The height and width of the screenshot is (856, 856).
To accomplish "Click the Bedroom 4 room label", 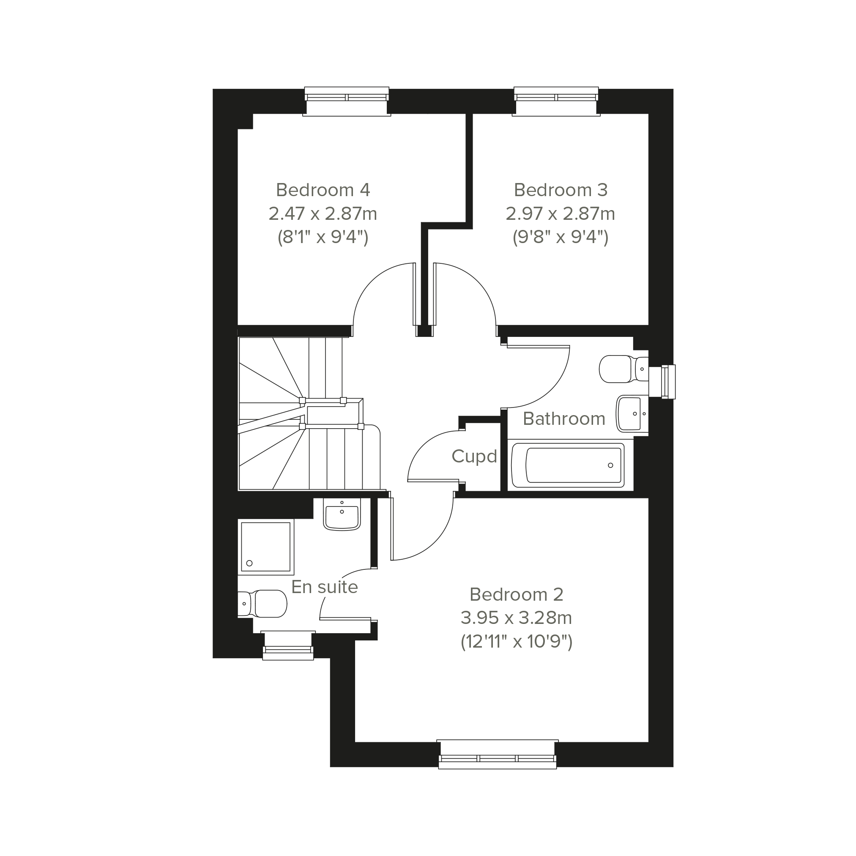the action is click(x=323, y=190).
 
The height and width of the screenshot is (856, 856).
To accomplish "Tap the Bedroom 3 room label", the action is click(x=561, y=190).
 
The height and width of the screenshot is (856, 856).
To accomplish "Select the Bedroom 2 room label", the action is click(x=516, y=595).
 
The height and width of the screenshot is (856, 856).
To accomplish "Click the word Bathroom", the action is click(x=563, y=418).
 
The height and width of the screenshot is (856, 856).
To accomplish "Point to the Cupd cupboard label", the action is click(x=474, y=456).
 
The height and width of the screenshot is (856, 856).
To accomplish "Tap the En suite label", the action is click(x=324, y=587).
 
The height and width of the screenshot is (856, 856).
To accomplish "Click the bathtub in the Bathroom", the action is click(x=568, y=465).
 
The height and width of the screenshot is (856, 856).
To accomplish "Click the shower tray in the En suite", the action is click(x=266, y=547).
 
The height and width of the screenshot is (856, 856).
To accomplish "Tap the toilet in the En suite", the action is click(x=262, y=604).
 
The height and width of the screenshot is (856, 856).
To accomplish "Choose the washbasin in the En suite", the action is click(x=342, y=514).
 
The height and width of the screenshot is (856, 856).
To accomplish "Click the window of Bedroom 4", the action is click(x=347, y=101).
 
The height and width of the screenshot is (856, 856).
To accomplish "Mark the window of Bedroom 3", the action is click(x=556, y=101).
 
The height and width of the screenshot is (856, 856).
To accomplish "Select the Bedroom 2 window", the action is click(x=497, y=754).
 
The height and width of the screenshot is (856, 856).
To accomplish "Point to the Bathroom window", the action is click(x=662, y=382).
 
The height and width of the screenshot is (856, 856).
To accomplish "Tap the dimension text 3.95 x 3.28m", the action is click(x=516, y=618).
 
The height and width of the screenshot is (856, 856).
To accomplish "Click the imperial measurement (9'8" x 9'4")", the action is click(x=561, y=238).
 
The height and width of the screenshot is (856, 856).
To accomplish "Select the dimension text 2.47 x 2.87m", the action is click(x=323, y=214).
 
